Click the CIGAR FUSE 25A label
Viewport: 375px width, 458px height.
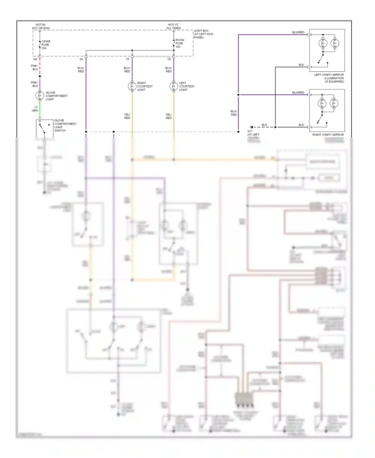(46, 45)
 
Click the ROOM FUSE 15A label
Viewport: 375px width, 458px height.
(180, 43)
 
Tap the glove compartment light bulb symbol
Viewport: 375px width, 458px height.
(40, 96)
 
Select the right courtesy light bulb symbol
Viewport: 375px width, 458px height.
(132, 86)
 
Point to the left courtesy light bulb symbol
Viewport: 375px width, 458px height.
(174, 86)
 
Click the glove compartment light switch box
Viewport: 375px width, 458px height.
(44, 128)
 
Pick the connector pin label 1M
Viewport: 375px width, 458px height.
(35, 59)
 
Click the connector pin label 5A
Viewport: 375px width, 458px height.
(81, 59)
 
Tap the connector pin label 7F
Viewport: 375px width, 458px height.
(127, 59)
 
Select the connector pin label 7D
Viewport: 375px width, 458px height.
(169, 59)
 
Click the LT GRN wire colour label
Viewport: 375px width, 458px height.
(35, 109)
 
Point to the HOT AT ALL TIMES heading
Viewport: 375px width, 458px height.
(173, 26)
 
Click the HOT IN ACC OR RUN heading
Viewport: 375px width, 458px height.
(40, 26)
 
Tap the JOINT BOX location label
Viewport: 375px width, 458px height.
(203, 34)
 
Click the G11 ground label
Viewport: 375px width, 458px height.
(250, 131)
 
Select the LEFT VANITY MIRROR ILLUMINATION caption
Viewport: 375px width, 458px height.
(329, 78)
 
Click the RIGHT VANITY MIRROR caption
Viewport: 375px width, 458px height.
(328, 135)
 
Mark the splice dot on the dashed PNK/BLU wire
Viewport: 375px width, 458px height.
(40, 76)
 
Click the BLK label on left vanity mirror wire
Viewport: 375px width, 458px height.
(301, 65)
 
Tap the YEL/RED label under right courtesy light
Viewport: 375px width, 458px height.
(127, 116)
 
